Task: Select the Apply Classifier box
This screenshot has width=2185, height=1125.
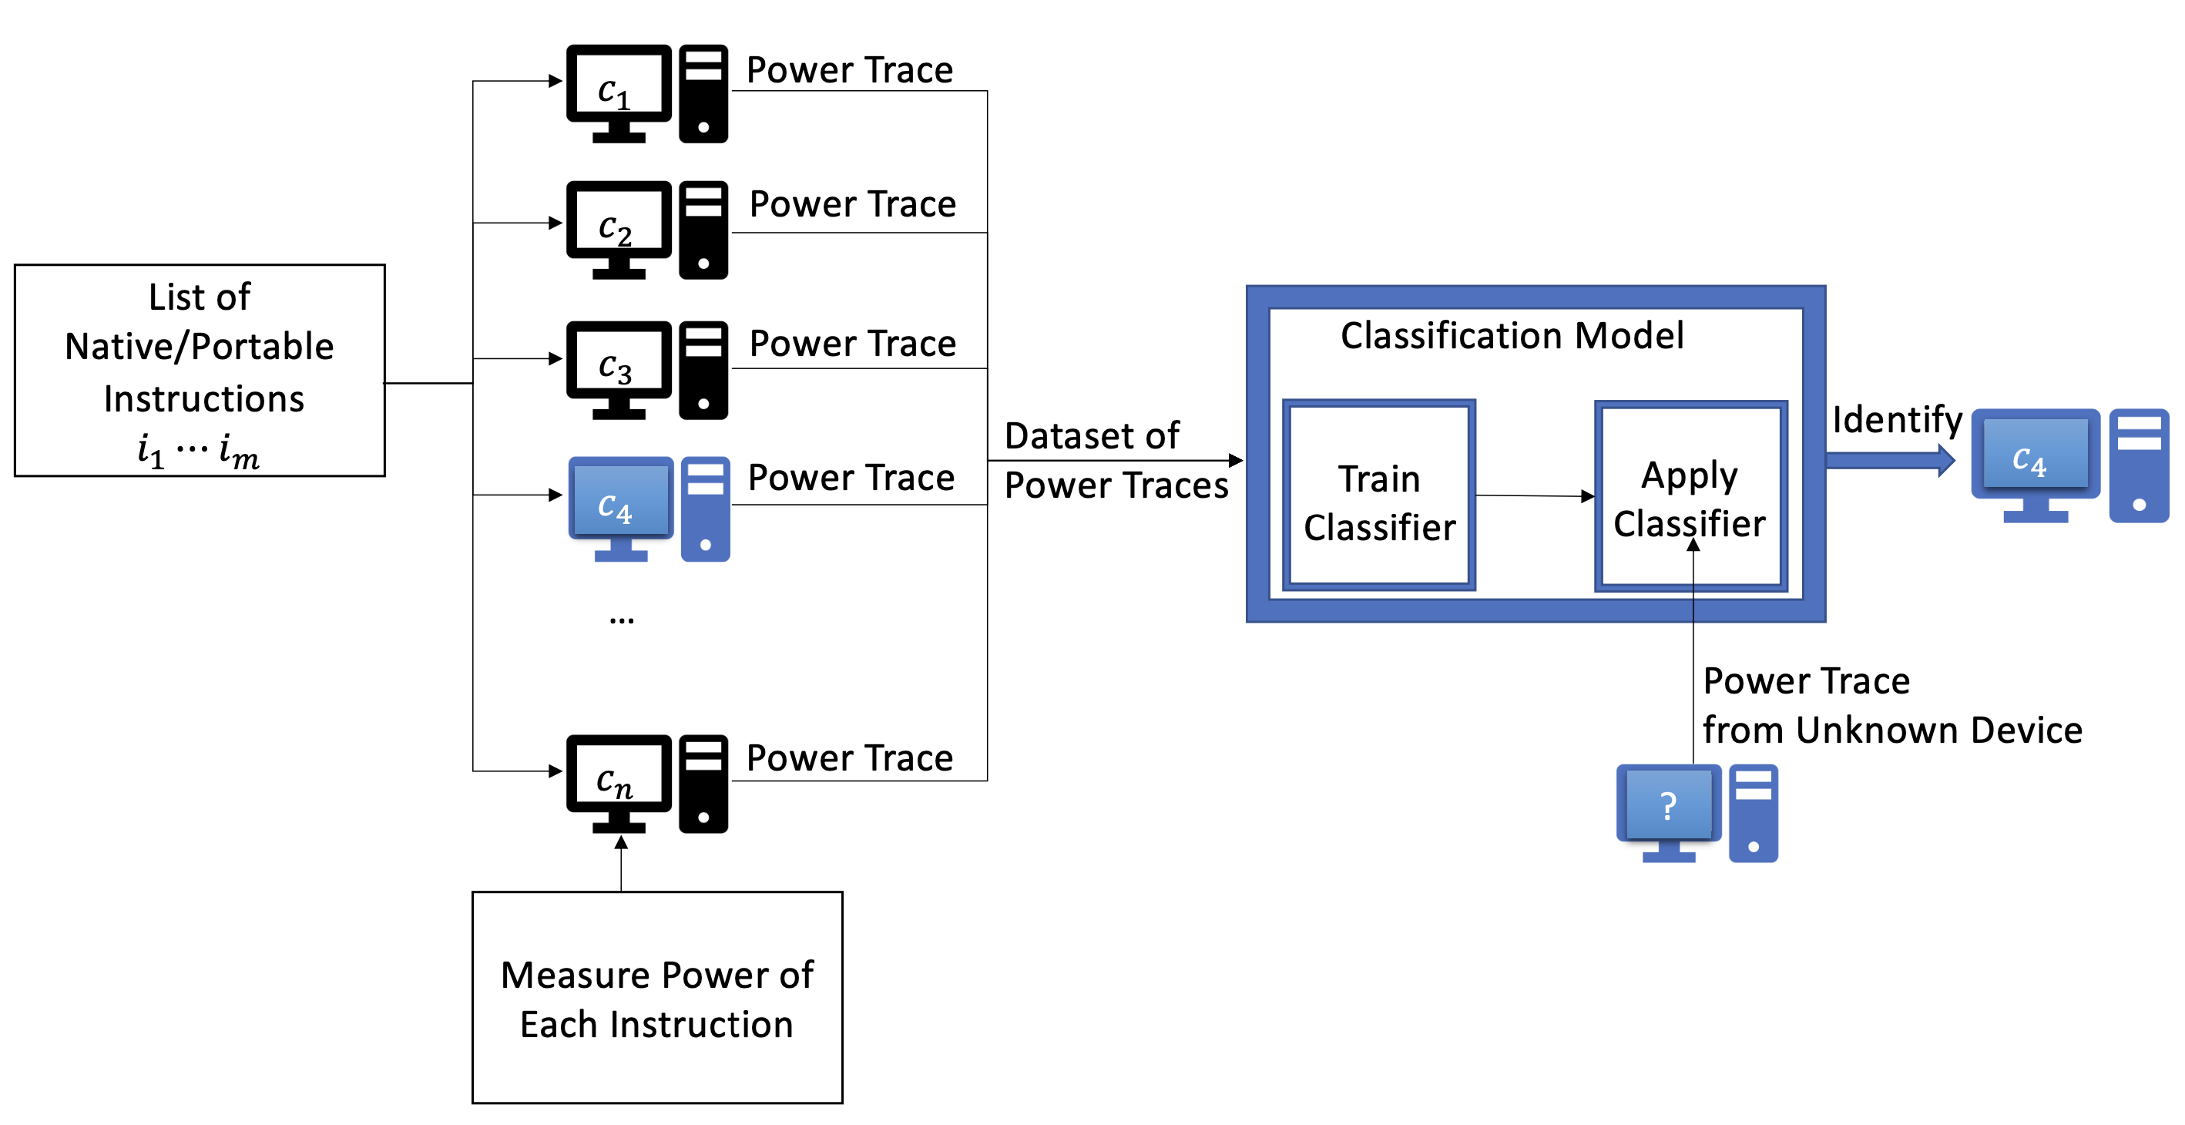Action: [1690, 496]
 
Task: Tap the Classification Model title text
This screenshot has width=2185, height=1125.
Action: [1512, 336]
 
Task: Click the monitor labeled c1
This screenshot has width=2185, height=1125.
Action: [619, 85]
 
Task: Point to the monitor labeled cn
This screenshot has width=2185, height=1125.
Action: [619, 774]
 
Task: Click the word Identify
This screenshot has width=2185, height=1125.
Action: [1897, 419]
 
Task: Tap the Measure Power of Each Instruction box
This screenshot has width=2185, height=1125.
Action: [657, 998]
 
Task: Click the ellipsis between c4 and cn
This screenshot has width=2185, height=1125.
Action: [622, 620]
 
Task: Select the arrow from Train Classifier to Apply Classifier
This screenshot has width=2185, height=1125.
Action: [1533, 495]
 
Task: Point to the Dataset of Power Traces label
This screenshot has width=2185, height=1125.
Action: [1115, 461]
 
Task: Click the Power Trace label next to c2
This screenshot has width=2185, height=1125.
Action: [852, 204]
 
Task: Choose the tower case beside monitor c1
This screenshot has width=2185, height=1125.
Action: [703, 93]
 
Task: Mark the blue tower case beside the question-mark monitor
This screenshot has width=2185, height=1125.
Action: [1753, 813]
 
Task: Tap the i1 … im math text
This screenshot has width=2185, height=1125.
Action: [199, 450]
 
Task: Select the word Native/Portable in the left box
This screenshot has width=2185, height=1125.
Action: [200, 346]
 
